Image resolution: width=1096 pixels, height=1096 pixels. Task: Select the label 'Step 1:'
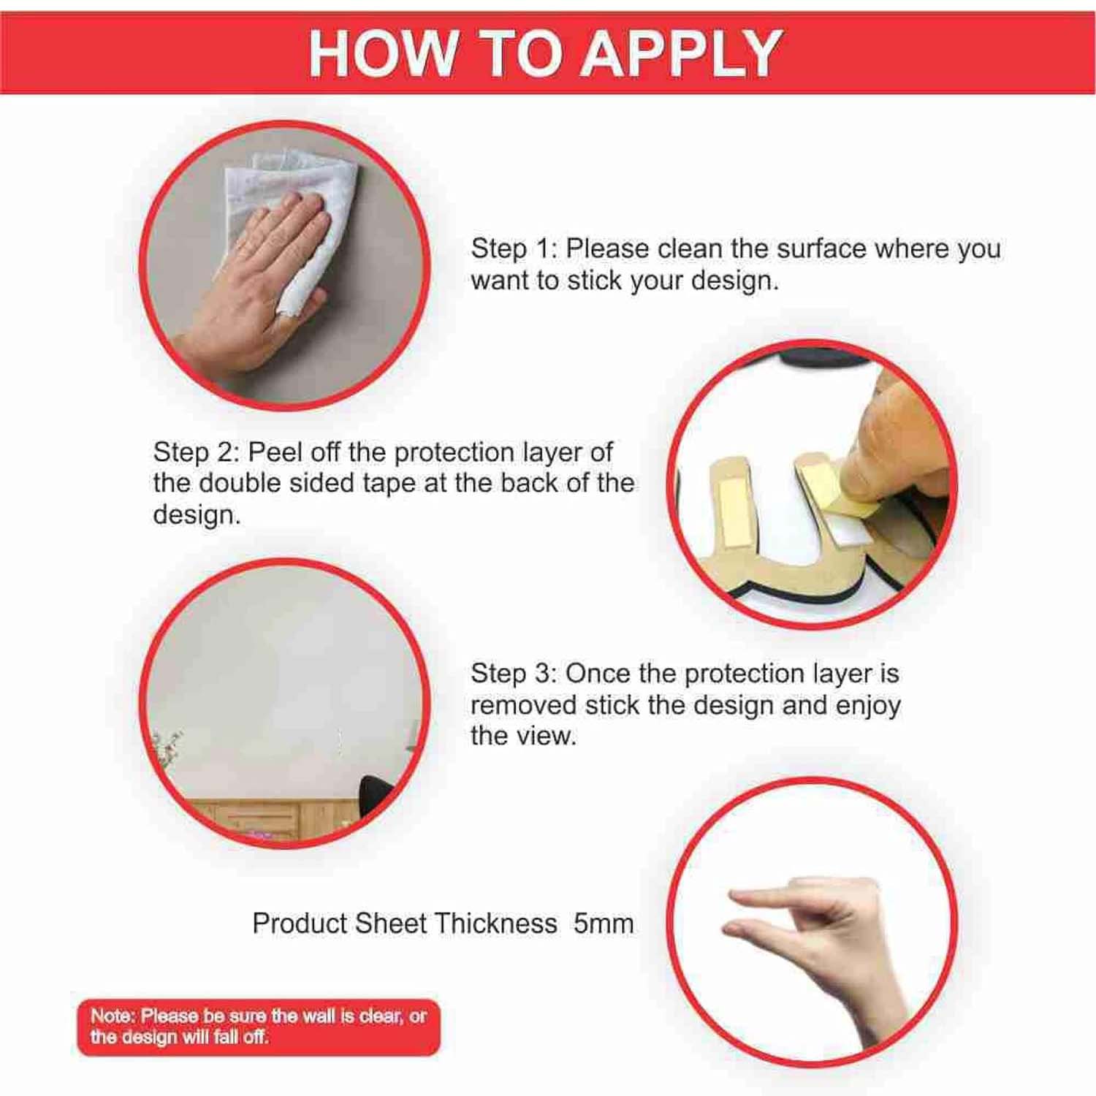click(514, 248)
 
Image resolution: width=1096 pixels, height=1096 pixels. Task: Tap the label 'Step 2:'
click(197, 452)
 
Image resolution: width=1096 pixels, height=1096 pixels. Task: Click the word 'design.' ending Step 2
click(197, 515)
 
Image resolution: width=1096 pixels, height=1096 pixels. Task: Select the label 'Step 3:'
click(514, 674)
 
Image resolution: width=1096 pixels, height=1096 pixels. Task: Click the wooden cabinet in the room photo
click(270, 818)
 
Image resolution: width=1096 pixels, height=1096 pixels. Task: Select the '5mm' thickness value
click(604, 924)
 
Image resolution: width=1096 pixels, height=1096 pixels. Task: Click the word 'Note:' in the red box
click(113, 1016)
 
